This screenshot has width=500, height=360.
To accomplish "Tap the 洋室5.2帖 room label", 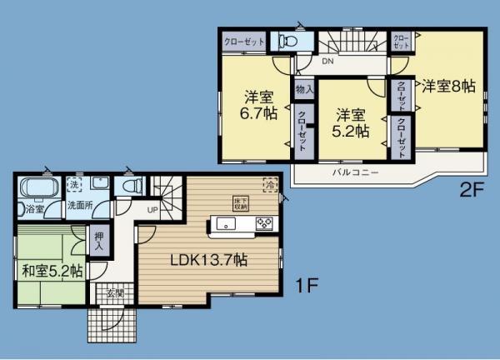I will pyautogui.click(x=352, y=122).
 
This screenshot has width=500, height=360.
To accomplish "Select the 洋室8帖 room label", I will pyautogui.click(x=447, y=85).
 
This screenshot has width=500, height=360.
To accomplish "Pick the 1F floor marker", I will pyautogui.click(x=307, y=285).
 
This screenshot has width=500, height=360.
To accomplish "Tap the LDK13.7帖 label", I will pyautogui.click(x=208, y=260).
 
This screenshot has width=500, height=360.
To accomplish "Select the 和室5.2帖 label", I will pyautogui.click(x=52, y=270).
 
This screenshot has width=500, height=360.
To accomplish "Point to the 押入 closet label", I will pyautogui.click(x=97, y=241).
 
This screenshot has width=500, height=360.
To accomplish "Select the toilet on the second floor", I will pyautogui.click(x=287, y=41).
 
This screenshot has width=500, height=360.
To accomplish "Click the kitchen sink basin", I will pyautogui.click(x=227, y=223).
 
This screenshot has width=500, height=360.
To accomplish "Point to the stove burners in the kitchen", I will pyautogui.click(x=264, y=223).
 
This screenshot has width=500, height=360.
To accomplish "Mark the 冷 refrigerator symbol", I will pyautogui.click(x=269, y=184).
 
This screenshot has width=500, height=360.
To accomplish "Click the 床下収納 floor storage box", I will pyautogui.click(x=241, y=203).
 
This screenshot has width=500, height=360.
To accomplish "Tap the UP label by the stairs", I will pyautogui.click(x=152, y=209).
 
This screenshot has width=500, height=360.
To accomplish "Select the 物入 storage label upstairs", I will pyautogui.click(x=303, y=88).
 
